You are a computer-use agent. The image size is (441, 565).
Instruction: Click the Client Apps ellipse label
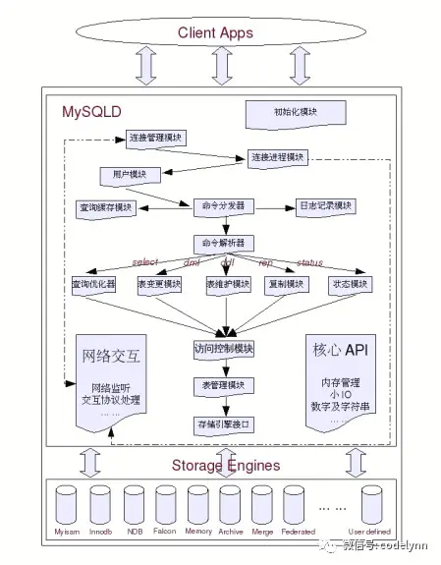tap(215, 33)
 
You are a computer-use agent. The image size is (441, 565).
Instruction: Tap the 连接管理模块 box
tap(156, 139)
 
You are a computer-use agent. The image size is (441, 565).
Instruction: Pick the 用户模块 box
tap(123, 174)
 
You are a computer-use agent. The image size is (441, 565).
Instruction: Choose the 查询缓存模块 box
tap(105, 207)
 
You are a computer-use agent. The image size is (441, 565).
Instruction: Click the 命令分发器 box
tap(222, 206)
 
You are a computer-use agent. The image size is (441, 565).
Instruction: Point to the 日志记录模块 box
tap(325, 206)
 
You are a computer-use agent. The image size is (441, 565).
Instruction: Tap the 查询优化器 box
tap(93, 284)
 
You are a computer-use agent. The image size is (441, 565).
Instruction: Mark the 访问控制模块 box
tap(224, 348)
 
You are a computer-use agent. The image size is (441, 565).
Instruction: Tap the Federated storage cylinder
tap(297, 501)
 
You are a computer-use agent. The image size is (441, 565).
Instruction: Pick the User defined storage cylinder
tap(370, 501)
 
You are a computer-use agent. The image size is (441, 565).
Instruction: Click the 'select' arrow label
tap(145, 263)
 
